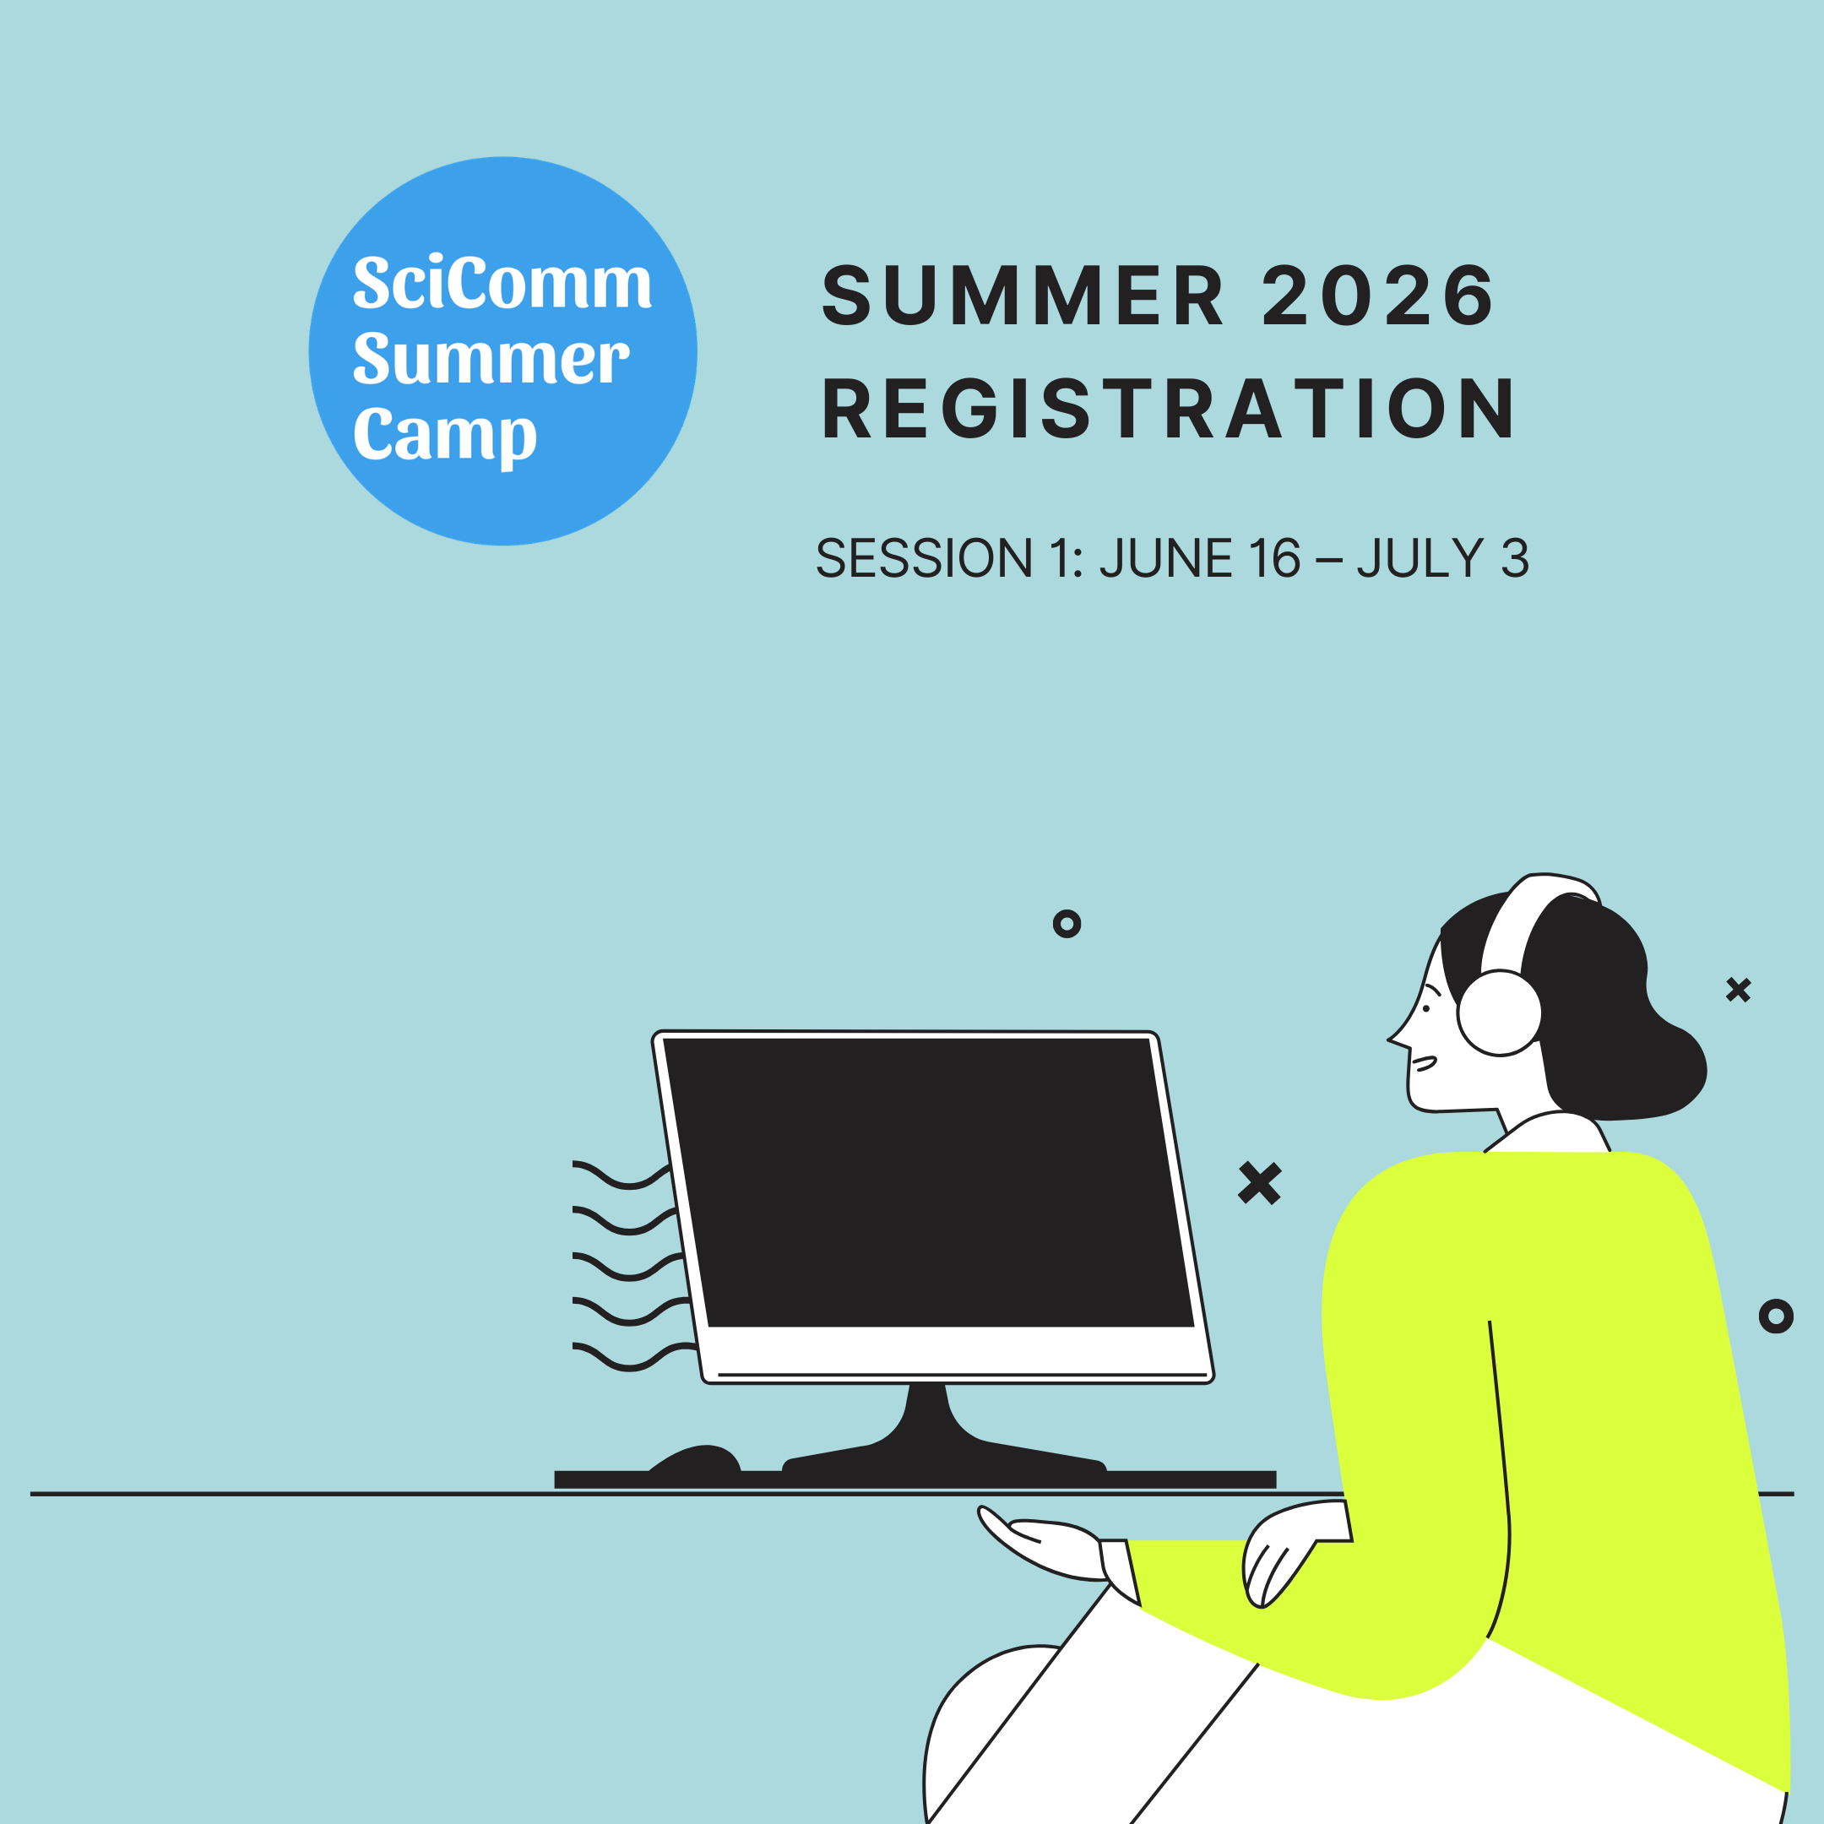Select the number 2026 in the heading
click(x=1377, y=296)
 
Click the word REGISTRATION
click(x=1168, y=409)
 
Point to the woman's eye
click(x=1425, y=1009)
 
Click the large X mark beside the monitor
click(x=1259, y=1183)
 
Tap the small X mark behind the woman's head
click(x=1738, y=990)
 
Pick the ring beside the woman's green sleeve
click(x=1776, y=1316)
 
